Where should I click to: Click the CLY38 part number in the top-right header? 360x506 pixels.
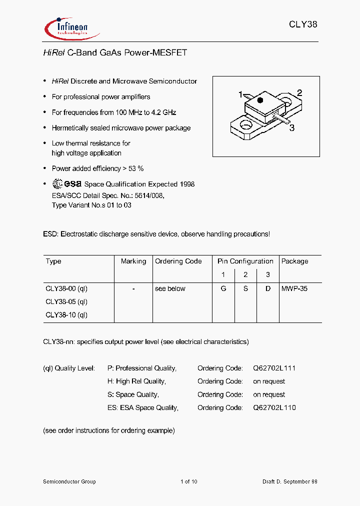(303, 24)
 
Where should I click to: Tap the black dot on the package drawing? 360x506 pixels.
(259, 100)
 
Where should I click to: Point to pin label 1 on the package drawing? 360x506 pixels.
(240, 94)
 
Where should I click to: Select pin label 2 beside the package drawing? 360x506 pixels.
(299, 92)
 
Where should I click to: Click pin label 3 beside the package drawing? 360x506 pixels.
(292, 127)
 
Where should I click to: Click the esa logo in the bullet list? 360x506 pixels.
(67, 184)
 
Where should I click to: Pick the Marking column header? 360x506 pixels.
(133, 261)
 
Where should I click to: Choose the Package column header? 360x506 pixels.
(294, 261)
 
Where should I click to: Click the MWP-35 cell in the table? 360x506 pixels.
(294, 289)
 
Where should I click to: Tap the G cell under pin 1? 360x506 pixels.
(223, 289)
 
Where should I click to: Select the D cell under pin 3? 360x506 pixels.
(268, 289)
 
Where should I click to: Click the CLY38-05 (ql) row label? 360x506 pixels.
(66, 302)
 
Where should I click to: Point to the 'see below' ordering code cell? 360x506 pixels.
(170, 289)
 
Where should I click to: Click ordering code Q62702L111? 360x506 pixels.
(274, 368)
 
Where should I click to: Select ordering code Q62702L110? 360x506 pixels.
(274, 408)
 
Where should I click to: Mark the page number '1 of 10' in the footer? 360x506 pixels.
(189, 481)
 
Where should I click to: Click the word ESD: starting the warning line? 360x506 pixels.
(51, 234)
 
